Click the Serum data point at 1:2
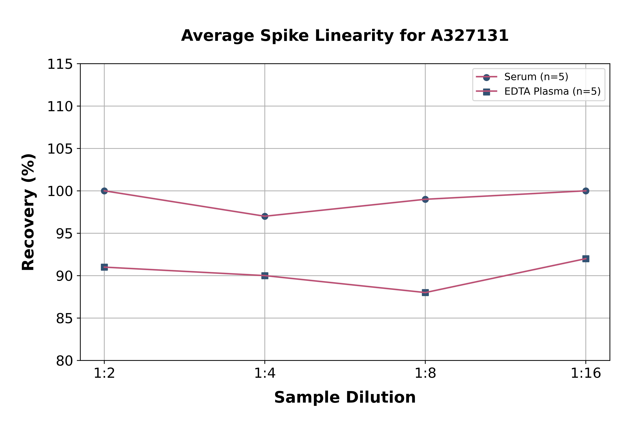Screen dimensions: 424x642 click(104, 191)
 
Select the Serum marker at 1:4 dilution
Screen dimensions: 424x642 click(265, 216)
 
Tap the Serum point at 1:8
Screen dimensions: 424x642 click(425, 199)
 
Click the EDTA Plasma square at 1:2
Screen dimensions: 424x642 click(104, 267)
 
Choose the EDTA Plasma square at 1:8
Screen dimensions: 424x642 click(425, 293)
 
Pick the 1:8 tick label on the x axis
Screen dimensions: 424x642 click(425, 373)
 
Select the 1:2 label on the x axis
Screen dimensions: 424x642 click(104, 373)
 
